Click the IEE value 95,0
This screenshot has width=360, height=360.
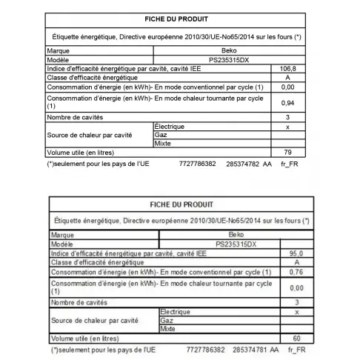click(297, 253)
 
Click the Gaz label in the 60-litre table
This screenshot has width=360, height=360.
click(167, 320)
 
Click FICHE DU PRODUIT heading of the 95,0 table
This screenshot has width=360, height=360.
click(181, 204)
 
